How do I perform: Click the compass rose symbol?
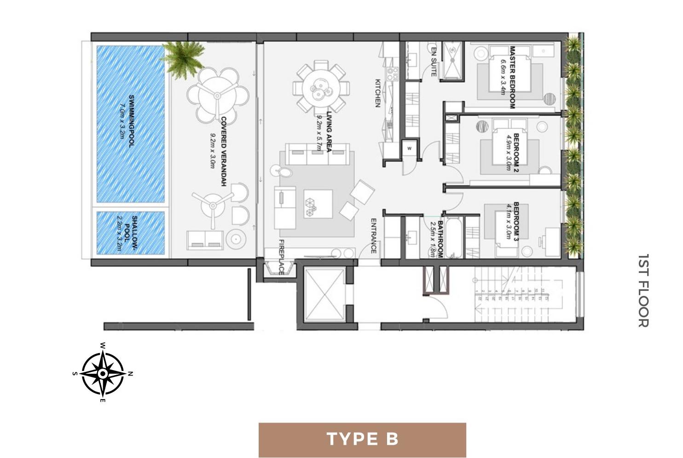(x=103, y=373)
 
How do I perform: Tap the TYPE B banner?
(x=362, y=439)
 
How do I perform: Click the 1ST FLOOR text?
(x=643, y=290)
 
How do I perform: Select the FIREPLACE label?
(x=281, y=257)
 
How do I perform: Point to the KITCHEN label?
(x=377, y=93)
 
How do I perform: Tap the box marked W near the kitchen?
(x=409, y=148)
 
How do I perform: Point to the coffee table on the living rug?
(x=318, y=204)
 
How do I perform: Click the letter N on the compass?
(x=131, y=373)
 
